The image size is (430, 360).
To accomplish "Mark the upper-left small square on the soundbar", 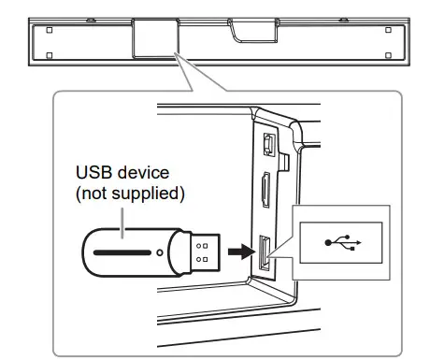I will (x=50, y=29).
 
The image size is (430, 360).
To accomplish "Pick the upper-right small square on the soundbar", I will (x=390, y=29).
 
